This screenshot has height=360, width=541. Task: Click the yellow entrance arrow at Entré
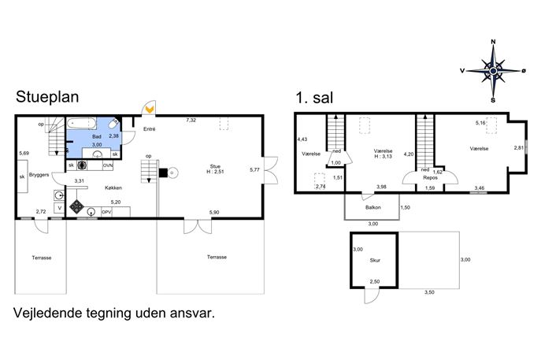tap(150, 109)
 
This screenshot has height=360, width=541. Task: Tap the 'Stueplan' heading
tap(47, 97)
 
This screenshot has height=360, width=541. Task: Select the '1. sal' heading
tap(314, 98)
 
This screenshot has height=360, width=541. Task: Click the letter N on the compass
tap(493, 42)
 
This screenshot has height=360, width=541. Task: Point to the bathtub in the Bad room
tap(82, 123)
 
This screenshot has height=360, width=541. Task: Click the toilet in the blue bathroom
tap(113, 124)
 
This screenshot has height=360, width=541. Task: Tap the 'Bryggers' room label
tap(39, 175)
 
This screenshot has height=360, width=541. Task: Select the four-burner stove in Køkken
tap(76, 206)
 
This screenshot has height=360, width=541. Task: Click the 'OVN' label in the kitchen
tap(108, 165)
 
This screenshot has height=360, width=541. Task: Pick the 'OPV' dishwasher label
tap(106, 212)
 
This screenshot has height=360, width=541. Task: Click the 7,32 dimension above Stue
tap(191, 120)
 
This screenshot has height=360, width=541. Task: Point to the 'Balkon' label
tap(373, 207)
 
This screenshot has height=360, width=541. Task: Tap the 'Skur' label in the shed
tap(375, 260)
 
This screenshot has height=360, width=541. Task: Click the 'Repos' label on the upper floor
tap(430, 178)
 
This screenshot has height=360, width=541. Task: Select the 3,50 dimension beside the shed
tap(429, 292)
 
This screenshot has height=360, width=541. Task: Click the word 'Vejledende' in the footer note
tap(48, 313)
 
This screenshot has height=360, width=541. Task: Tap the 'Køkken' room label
tap(113, 187)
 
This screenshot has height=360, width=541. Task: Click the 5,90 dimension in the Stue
tap(214, 212)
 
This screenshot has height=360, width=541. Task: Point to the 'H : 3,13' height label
tap(383, 156)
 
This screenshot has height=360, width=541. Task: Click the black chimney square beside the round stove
tap(163, 173)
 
